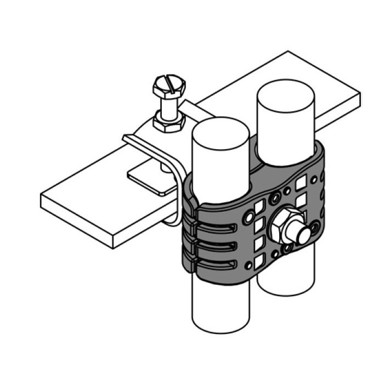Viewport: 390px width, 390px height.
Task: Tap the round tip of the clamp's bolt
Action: (x=302, y=236)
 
